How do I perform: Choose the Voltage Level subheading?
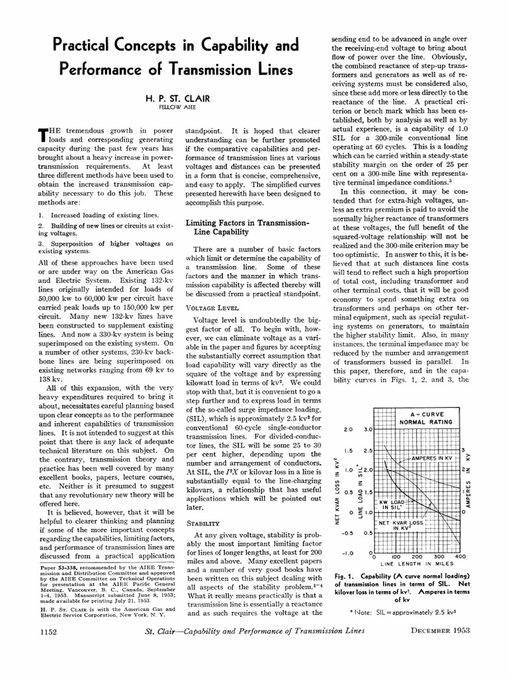click(213, 307)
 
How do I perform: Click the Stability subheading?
click(202, 504)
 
